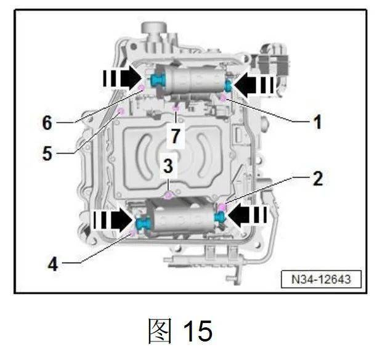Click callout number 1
(x=318, y=122)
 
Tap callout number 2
(x=318, y=179)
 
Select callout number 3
(x=168, y=166)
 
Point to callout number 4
(x=53, y=264)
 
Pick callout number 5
(x=47, y=153)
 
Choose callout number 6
(x=47, y=123)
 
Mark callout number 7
(x=176, y=136)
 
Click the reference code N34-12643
(x=321, y=279)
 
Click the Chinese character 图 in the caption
(x=160, y=330)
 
